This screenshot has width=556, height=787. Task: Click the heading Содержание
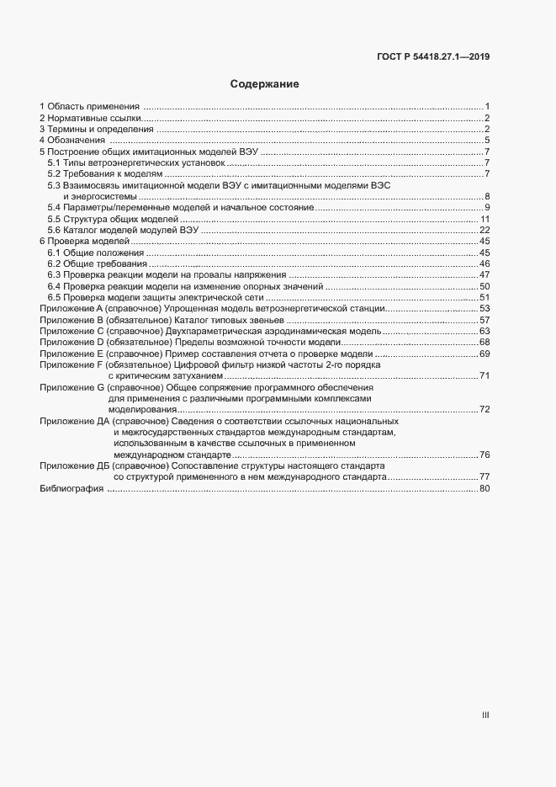coord(264,84)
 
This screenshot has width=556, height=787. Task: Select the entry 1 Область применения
coord(90,106)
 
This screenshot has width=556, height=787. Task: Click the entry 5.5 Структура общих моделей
coord(113,219)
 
